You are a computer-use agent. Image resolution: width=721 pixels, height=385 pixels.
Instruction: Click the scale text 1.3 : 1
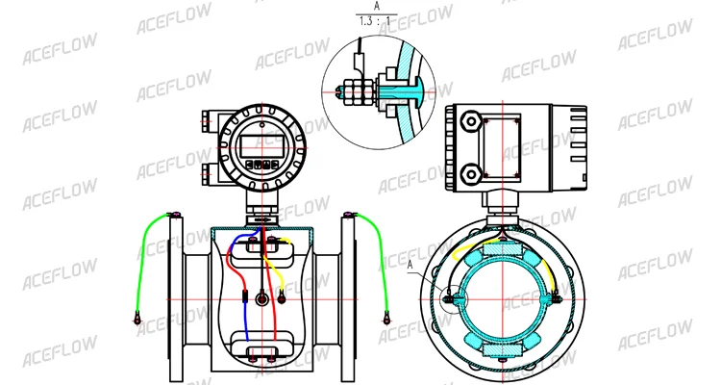[376, 21]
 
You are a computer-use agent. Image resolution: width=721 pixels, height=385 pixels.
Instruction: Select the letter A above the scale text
[377, 6]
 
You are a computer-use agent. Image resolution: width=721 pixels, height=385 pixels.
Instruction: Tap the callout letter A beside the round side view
[410, 265]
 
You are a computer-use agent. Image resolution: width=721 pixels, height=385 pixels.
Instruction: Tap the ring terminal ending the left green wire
[137, 318]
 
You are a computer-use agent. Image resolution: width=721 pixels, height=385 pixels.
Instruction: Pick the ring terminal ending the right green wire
[386, 318]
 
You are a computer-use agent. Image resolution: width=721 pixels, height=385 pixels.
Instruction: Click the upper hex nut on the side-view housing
[471, 121]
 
